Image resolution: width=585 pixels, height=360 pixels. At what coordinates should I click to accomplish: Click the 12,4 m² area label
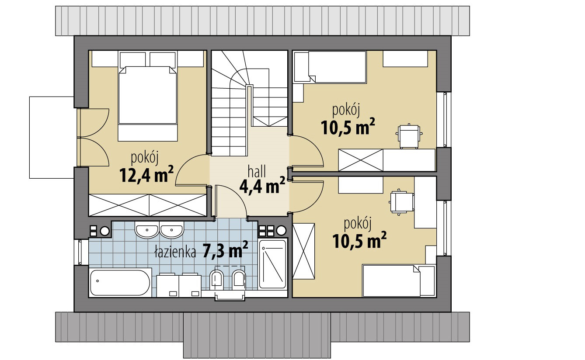pyautogui.click(x=146, y=174)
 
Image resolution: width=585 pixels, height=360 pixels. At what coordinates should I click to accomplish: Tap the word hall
pyautogui.click(x=257, y=171)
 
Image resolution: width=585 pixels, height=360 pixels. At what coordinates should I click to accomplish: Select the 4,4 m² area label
pyautogui.click(x=262, y=185)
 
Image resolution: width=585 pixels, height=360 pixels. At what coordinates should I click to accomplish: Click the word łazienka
pyautogui.click(x=175, y=252)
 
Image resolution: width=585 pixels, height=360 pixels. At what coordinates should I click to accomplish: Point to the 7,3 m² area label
pyautogui.click(x=225, y=249)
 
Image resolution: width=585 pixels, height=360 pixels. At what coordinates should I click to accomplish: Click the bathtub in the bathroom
pyautogui.click(x=120, y=283)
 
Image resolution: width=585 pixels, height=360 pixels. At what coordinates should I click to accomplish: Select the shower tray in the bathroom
pyautogui.click(x=272, y=264)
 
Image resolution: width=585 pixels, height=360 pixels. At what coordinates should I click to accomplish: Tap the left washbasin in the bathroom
pyautogui.click(x=147, y=230)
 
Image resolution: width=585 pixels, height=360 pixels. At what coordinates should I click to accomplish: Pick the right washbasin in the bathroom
pyautogui.click(x=171, y=230)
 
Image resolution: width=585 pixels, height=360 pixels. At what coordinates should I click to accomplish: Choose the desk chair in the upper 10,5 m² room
pyautogui.click(x=409, y=136)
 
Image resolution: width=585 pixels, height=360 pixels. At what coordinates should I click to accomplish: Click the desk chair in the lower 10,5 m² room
pyautogui.click(x=401, y=202)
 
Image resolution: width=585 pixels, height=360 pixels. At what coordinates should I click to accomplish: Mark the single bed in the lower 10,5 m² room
pyautogui.click(x=399, y=280)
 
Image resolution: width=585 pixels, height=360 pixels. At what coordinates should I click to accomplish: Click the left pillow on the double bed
pyautogui.click(x=132, y=59)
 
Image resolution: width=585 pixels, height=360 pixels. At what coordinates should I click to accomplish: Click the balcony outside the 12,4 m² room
pyautogui.click(x=52, y=138)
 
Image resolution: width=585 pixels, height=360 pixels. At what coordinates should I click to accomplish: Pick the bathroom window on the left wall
pyautogui.click(x=78, y=252)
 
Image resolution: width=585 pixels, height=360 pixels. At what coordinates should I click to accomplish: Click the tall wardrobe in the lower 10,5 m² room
pyautogui.click(x=303, y=251)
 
